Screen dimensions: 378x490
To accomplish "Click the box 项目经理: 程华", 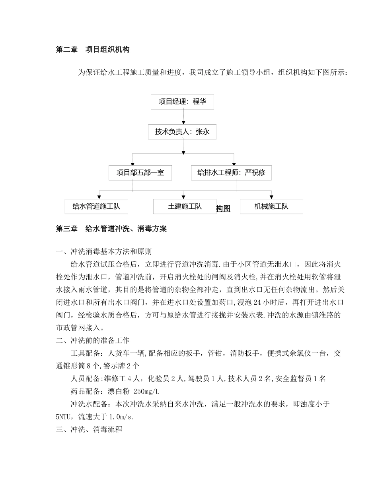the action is click(x=182, y=102).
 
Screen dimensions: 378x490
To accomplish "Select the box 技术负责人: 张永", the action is click(x=182, y=132).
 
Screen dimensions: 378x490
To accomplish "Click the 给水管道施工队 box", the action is click(x=96, y=206).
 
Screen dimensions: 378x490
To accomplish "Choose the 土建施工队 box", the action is click(x=184, y=206).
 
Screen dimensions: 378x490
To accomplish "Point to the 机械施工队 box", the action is click(x=271, y=206).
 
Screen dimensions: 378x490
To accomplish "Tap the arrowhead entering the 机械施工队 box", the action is click(x=271, y=197).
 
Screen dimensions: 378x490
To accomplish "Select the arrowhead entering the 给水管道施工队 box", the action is click(x=99, y=197).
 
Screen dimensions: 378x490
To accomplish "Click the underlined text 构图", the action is click(x=223, y=208).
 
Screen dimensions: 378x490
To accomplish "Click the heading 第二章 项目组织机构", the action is click(x=92, y=50).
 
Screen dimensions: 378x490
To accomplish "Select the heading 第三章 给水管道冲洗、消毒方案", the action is click(x=111, y=229).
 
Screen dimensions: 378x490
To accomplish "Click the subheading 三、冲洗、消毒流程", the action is click(x=89, y=429).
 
